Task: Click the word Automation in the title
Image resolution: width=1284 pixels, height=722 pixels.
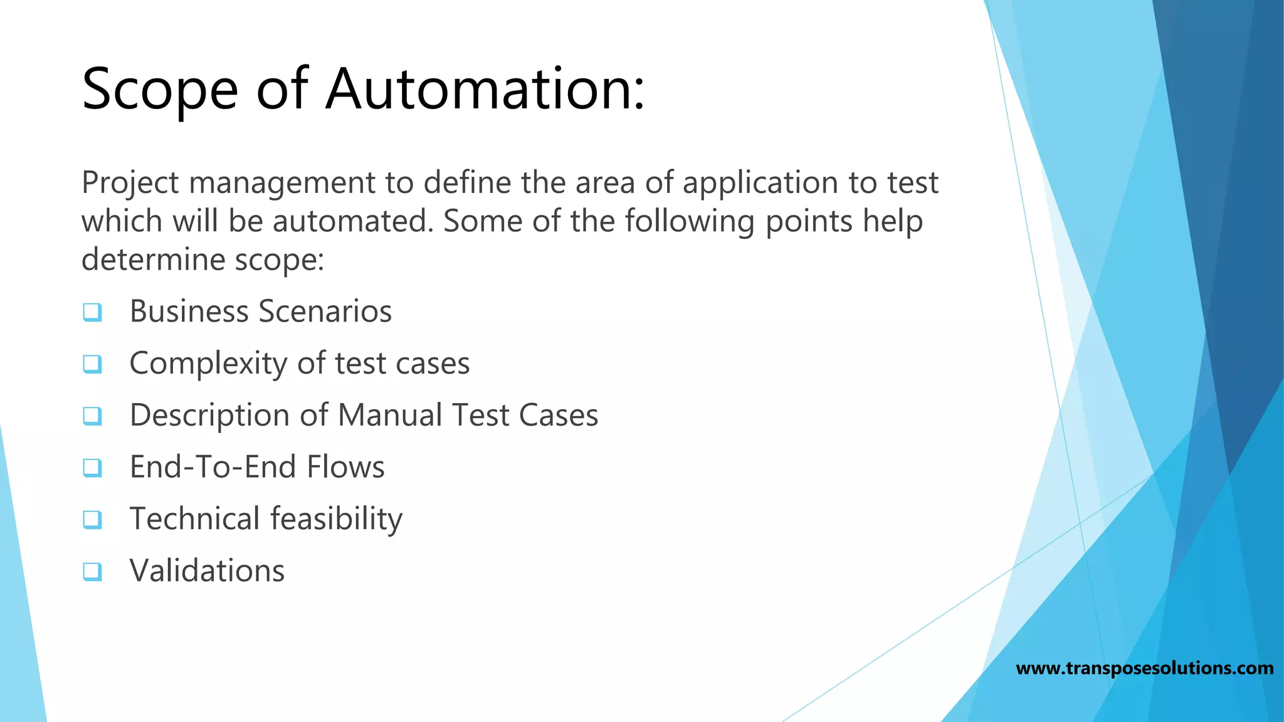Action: tap(484, 89)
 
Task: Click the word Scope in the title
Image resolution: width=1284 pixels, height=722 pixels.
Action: tap(160, 89)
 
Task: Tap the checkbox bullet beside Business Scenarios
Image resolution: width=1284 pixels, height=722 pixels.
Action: tap(92, 311)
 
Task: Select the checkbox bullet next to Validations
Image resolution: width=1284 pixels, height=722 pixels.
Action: tap(92, 571)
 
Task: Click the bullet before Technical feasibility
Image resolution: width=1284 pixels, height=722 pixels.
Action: tap(92, 519)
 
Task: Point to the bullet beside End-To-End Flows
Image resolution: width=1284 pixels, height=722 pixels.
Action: tap(92, 467)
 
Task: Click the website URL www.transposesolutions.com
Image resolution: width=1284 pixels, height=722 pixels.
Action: tap(1144, 668)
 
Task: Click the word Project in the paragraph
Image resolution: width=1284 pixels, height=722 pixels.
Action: tap(130, 183)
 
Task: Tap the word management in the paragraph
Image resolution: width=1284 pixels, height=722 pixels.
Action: tap(282, 183)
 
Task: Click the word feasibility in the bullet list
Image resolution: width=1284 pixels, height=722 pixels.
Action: tap(336, 519)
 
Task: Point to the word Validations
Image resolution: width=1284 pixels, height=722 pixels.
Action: tap(207, 571)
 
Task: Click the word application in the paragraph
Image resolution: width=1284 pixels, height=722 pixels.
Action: tap(760, 183)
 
